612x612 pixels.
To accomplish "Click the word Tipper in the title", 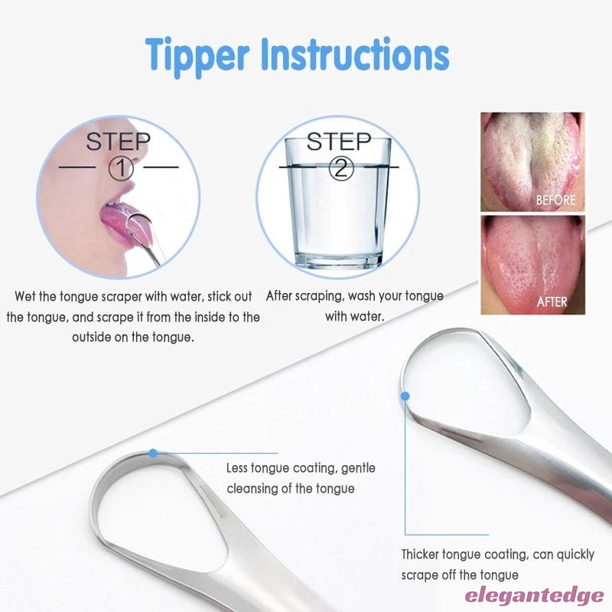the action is point(197,57).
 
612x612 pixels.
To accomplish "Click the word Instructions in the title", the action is point(355,54).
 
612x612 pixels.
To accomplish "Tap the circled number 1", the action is point(121,168).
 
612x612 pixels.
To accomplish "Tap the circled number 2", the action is point(340,168).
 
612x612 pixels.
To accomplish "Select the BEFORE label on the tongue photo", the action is point(556,200).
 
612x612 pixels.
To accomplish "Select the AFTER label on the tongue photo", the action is point(552,301).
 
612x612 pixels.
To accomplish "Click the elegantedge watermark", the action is point(534,596).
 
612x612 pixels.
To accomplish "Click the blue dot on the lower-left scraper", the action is point(154,453).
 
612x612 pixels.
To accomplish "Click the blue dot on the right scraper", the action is point(405,396).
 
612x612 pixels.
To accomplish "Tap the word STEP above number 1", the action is point(119,142).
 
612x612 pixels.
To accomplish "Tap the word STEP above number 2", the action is point(339,142).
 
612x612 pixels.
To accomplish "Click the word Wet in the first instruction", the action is point(25,296).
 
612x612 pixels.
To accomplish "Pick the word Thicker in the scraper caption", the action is point(420,554).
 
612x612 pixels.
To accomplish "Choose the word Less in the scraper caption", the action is point(236,467).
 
